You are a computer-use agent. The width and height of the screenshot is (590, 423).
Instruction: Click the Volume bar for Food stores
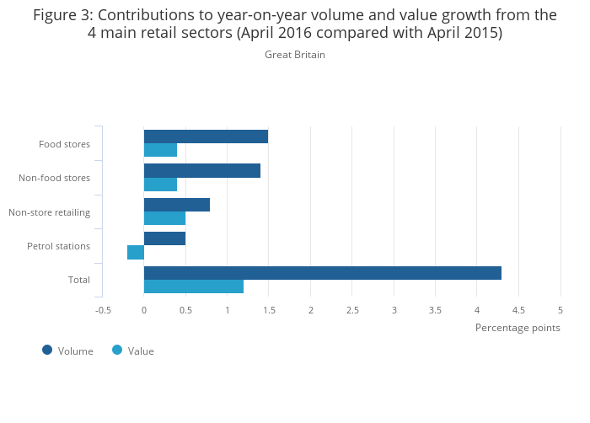pos(206,137)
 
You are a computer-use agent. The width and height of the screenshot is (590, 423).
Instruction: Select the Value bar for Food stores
pos(160,150)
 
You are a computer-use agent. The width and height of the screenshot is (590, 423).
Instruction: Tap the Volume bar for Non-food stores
pos(202,171)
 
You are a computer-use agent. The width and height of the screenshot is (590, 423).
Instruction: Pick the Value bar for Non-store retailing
pos(164,218)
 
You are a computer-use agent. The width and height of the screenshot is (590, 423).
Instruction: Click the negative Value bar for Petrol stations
pos(136,252)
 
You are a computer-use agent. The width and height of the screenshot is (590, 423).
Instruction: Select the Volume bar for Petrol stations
pos(164,238)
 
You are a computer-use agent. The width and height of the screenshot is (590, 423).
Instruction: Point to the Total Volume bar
pos(322,273)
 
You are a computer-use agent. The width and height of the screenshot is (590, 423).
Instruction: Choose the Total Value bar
pos(194,286)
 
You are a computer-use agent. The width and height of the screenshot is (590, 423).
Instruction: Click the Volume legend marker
pos(47,350)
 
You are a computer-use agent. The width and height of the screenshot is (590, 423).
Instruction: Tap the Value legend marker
pos(117,350)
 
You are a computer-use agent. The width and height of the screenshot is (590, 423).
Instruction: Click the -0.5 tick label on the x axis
pos(103,310)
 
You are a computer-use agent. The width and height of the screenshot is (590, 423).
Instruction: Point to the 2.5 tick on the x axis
pos(352,310)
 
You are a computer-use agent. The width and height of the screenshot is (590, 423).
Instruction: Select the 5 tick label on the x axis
pos(560,310)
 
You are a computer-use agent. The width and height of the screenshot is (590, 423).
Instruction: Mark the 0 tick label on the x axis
pos(144,310)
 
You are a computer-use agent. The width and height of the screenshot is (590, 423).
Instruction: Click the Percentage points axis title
pos(517,328)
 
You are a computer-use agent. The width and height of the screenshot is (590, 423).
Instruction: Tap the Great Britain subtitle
pos(295,55)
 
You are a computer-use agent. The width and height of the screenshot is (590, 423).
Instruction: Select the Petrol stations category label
pos(58,246)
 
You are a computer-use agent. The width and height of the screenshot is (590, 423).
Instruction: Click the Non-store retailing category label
pos(49,212)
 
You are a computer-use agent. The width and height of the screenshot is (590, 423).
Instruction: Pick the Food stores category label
pos(64,144)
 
